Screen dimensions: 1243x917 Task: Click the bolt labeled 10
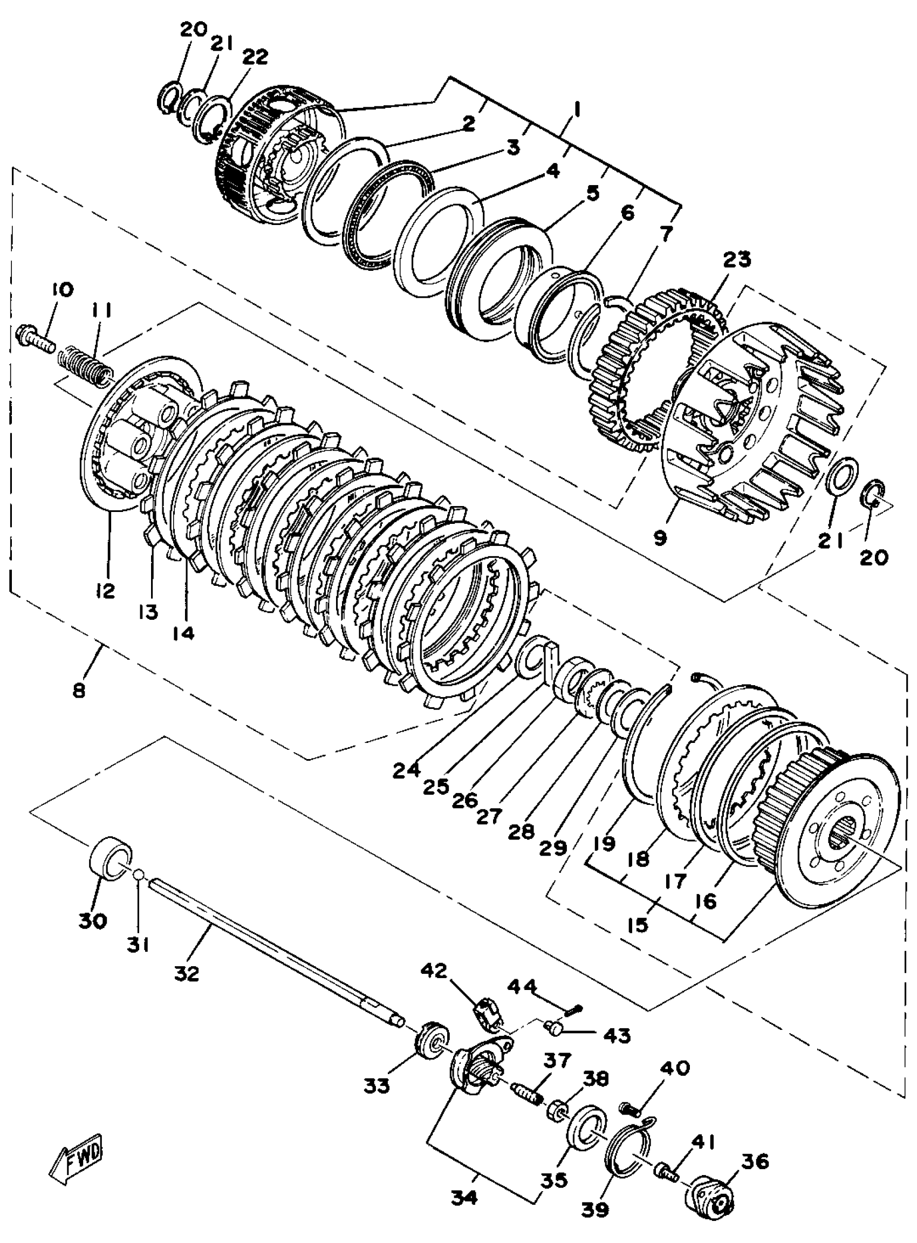36,338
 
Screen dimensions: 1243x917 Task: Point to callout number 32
187,973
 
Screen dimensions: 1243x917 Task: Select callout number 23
737,260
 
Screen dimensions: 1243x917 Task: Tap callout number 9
660,537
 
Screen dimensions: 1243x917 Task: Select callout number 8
79,691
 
